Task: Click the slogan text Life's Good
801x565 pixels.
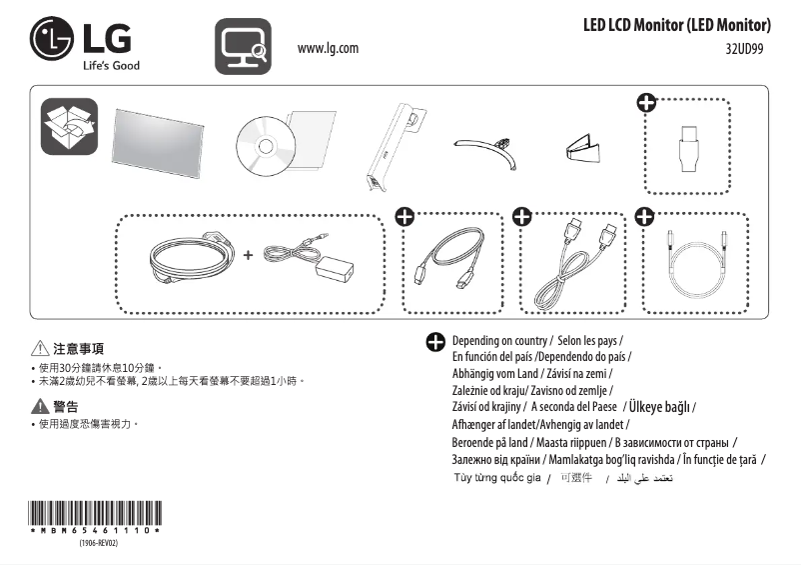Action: click(111, 66)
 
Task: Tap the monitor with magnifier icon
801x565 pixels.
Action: click(243, 47)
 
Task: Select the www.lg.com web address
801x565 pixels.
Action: click(328, 48)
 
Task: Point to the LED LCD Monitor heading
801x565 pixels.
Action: click(676, 24)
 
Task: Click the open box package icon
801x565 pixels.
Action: click(69, 126)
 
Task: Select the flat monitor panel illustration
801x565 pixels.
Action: click(160, 143)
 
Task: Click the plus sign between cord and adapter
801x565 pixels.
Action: click(248, 255)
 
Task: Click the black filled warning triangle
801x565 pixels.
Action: click(39, 406)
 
